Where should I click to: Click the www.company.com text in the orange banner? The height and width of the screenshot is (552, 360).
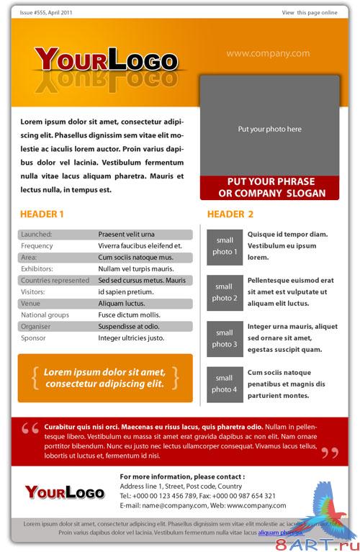(x=268, y=53)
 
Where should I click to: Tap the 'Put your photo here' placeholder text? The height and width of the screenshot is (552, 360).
(x=269, y=130)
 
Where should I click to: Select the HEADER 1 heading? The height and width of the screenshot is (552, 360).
(x=42, y=214)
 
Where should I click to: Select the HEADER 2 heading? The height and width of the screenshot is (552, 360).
(x=230, y=214)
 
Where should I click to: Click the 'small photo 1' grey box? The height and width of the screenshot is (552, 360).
(x=224, y=246)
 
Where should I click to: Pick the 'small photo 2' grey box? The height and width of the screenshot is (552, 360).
(x=224, y=292)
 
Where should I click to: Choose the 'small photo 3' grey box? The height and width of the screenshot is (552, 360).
(x=224, y=338)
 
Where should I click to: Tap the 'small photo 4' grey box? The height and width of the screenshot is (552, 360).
(x=224, y=384)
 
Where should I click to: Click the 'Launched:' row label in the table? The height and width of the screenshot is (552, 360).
(x=37, y=234)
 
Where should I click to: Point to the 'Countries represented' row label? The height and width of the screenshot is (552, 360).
(x=55, y=280)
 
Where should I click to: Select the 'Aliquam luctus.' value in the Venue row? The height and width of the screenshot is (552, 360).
(x=121, y=303)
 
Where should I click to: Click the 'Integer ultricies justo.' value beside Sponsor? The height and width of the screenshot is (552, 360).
(x=131, y=338)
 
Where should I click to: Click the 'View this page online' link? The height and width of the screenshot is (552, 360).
(x=309, y=13)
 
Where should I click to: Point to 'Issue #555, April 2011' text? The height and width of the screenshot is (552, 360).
(x=46, y=13)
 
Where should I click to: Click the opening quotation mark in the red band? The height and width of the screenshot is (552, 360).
(x=30, y=429)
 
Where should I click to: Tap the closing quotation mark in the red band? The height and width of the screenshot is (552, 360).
(x=329, y=453)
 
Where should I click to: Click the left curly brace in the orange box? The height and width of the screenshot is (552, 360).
(x=35, y=377)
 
